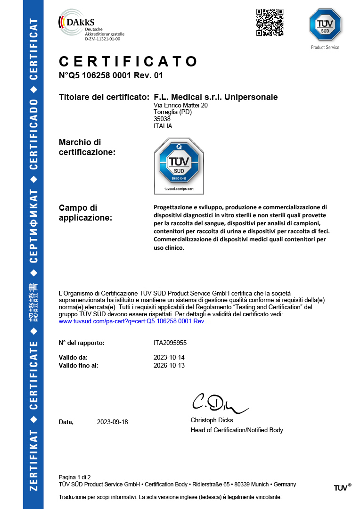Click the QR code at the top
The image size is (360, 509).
coord(270,22)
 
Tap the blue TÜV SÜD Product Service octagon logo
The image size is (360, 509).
coord(325,25)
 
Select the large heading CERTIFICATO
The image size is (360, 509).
coord(128,62)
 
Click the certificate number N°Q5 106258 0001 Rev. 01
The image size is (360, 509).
coord(111,75)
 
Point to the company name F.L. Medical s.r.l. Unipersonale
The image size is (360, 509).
coord(215,97)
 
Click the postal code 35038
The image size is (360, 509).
coord(162,119)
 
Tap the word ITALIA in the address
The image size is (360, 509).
coord(163,126)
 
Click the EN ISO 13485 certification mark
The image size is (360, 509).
coord(179,166)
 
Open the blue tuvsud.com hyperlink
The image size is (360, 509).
coord(133,321)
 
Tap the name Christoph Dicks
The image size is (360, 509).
coord(212,420)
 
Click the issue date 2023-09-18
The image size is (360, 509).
coord(112,422)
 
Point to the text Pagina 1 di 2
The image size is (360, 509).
coord(74,477)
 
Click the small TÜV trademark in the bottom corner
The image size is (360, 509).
coord(342,487)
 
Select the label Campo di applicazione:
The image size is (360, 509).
coord(85,213)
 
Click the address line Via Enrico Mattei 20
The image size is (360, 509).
coord(180,106)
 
